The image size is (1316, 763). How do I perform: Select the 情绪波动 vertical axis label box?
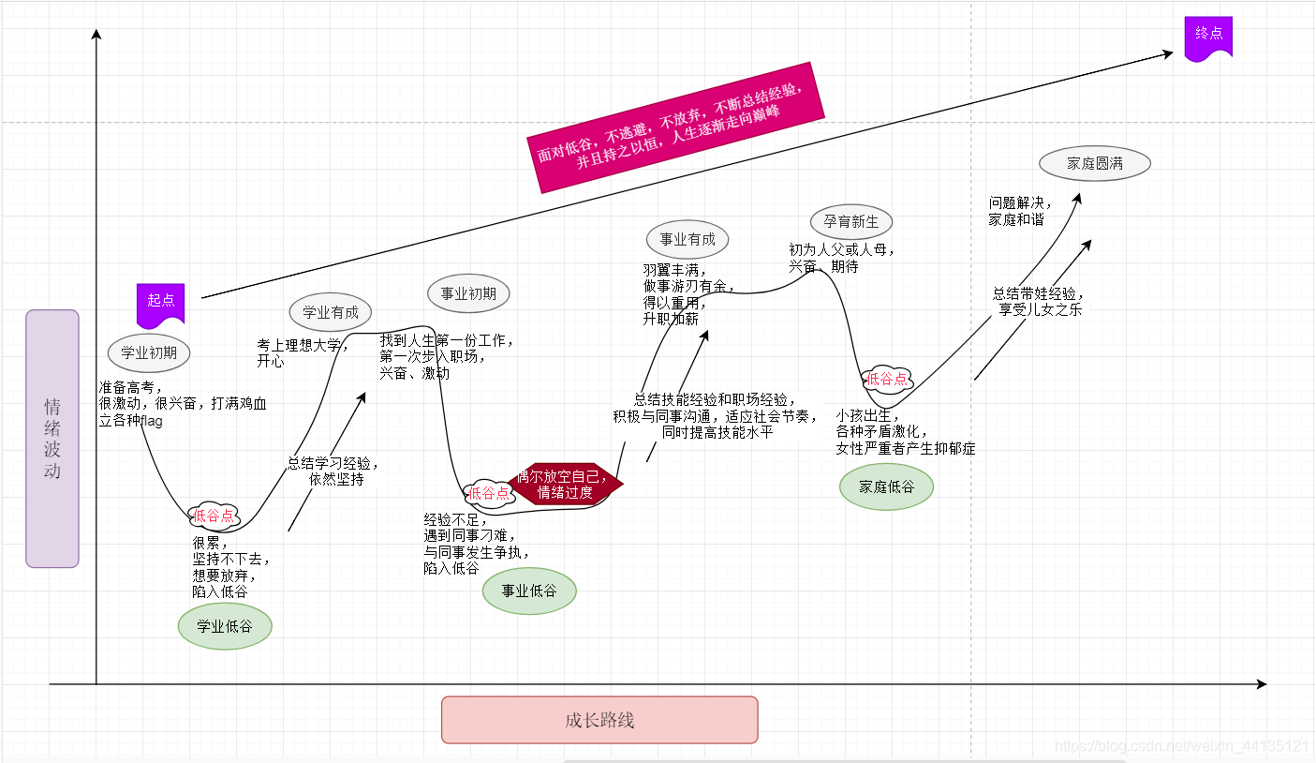pyautogui.click(x=52, y=439)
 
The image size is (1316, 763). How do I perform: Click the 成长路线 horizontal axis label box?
pyautogui.click(x=599, y=720)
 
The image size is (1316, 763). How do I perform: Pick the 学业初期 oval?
pyautogui.click(x=149, y=353)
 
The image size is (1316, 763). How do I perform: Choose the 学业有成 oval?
pyautogui.click(x=331, y=312)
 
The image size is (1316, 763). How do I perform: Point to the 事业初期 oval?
pyautogui.click(x=468, y=293)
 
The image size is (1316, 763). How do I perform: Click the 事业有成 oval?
pyautogui.click(x=688, y=239)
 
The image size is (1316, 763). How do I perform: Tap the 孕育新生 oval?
pyautogui.click(x=851, y=222)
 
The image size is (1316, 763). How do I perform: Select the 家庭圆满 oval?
pyautogui.click(x=1095, y=163)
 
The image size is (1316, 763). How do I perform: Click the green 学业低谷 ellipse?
pyautogui.click(x=225, y=627)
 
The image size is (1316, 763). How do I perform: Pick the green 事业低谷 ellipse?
pyautogui.click(x=529, y=591)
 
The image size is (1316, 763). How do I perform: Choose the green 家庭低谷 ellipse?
pyautogui.click(x=886, y=486)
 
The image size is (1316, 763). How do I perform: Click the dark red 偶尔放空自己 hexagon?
pyautogui.click(x=564, y=484)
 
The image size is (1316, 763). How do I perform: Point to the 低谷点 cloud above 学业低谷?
pyautogui.click(x=214, y=515)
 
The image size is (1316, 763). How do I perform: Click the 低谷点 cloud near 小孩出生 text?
pyautogui.click(x=887, y=379)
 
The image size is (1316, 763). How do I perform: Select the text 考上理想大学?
pyautogui.click(x=302, y=344)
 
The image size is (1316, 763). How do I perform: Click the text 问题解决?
pyautogui.click(x=1020, y=202)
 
